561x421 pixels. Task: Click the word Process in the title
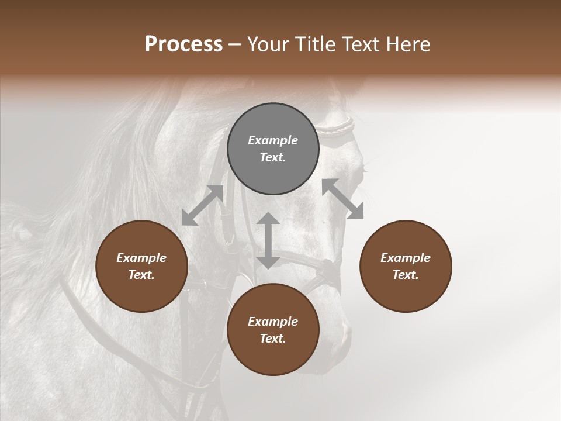click(183, 44)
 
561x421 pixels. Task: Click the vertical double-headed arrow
click(268, 240)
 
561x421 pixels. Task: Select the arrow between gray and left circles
click(202, 205)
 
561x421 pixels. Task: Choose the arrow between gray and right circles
click(342, 199)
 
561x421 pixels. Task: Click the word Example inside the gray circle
click(273, 140)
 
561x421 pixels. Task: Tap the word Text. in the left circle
click(141, 275)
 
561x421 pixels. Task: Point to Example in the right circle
click(406, 258)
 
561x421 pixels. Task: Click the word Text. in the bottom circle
click(273, 339)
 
